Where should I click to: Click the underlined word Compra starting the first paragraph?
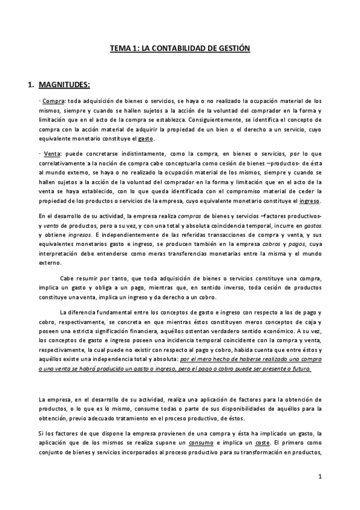click(x=53, y=102)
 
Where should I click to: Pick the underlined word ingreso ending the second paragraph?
click(x=310, y=200)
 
